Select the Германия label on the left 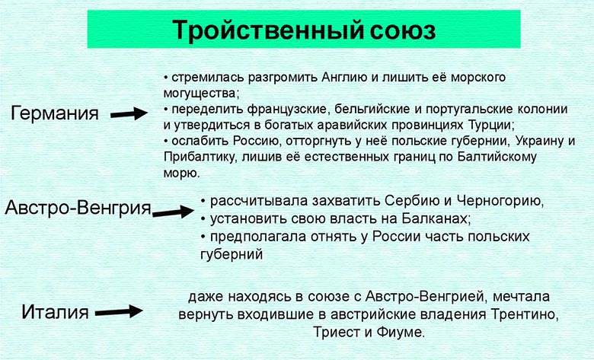[x=55, y=114]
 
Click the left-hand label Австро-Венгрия [x=78, y=208]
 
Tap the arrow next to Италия [x=120, y=311]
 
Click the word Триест [x=335, y=333]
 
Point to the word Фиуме [x=399, y=333]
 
